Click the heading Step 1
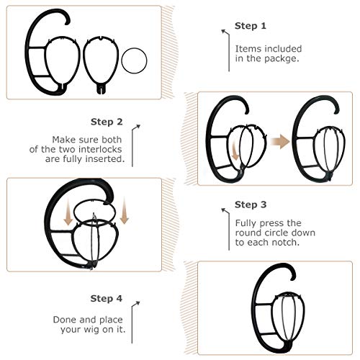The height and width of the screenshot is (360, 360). (x=251, y=26)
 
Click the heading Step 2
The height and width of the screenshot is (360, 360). (x=107, y=122)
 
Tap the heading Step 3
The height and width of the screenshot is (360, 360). (x=251, y=204)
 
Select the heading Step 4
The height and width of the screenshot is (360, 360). (x=107, y=298)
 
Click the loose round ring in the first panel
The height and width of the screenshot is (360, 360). (x=134, y=60)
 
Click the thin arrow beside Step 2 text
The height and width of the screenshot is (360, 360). (x=135, y=144)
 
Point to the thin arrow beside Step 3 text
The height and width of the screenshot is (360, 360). (x=226, y=229)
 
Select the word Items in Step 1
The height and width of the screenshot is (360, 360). (x=248, y=48)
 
